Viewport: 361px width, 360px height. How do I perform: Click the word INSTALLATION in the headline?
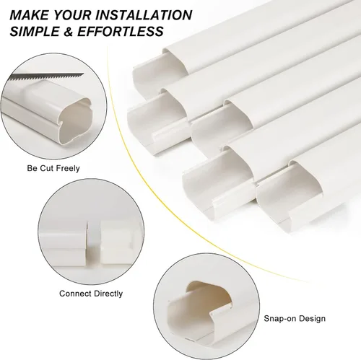coord(144,15)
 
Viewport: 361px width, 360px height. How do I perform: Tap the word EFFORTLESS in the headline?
coord(121,31)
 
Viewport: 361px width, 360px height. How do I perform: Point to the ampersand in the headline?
coord(68,32)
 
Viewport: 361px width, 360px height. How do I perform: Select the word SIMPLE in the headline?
coord(35,31)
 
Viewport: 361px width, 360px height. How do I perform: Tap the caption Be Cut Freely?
coord(53,168)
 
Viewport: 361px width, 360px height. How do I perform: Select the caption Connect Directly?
coord(91,294)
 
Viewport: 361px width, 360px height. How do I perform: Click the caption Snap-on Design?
coord(295,318)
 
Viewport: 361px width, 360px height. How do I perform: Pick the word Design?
coord(312,319)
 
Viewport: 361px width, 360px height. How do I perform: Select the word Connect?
coord(75,294)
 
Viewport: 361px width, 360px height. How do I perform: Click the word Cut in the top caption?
coord(45,168)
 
